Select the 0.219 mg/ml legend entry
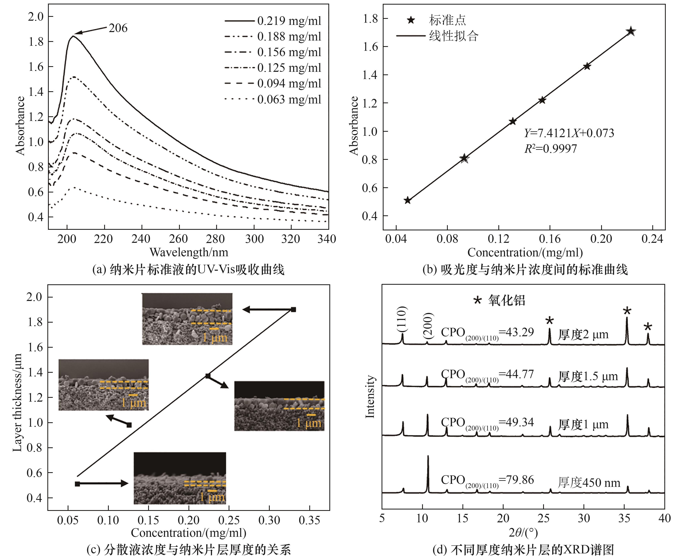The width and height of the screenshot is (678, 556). (288, 21)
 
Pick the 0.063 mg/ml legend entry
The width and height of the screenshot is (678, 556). (288, 99)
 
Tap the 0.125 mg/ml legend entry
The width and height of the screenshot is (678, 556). (288, 68)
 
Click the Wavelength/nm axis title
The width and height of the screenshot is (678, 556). (189, 252)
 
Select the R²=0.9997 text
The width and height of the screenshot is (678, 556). (550, 149)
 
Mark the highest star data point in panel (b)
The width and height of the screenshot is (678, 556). (631, 31)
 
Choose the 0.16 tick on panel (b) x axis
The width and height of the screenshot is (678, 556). (550, 239)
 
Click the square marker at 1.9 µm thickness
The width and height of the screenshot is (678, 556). (293, 309)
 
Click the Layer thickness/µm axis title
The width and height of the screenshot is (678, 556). (17, 403)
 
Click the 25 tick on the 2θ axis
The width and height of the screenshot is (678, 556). (543, 518)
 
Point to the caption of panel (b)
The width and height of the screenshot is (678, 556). (525, 270)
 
